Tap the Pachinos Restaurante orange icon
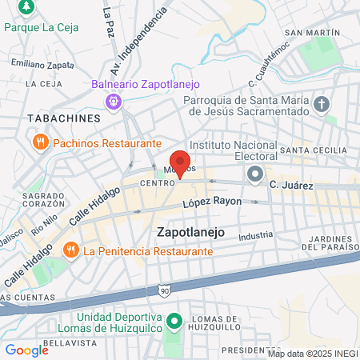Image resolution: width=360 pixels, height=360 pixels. [39, 142]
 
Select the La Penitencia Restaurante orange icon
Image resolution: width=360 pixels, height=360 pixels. [70, 250]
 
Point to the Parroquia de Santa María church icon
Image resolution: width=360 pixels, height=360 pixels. [322, 104]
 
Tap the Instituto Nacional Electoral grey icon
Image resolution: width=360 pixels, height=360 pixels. [255, 174]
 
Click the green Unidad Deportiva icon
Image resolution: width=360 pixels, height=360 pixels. [173, 322]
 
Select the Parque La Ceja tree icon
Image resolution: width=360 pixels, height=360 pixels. [27, 6]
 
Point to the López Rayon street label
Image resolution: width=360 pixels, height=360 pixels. [211, 202]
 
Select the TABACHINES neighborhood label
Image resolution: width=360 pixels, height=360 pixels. [53, 118]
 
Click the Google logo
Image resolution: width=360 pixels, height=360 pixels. [26, 350]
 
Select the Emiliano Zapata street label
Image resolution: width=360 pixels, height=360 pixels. [38, 62]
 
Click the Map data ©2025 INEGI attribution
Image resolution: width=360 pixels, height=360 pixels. [313, 354]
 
